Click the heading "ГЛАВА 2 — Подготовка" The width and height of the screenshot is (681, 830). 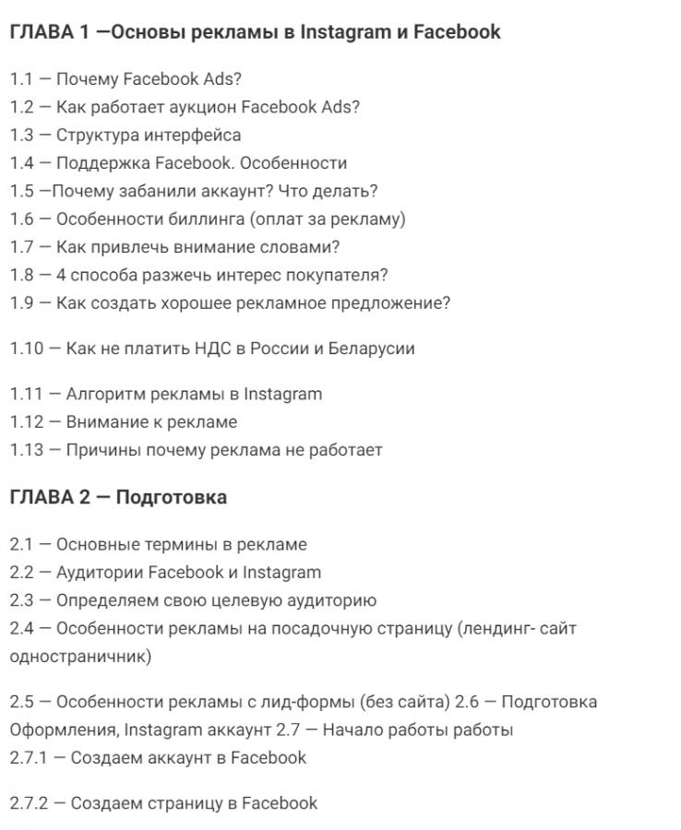click(118, 497)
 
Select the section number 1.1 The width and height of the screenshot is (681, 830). click(20, 79)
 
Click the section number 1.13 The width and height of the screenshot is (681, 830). click(27, 450)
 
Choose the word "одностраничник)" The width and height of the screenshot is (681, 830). click(80, 657)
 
